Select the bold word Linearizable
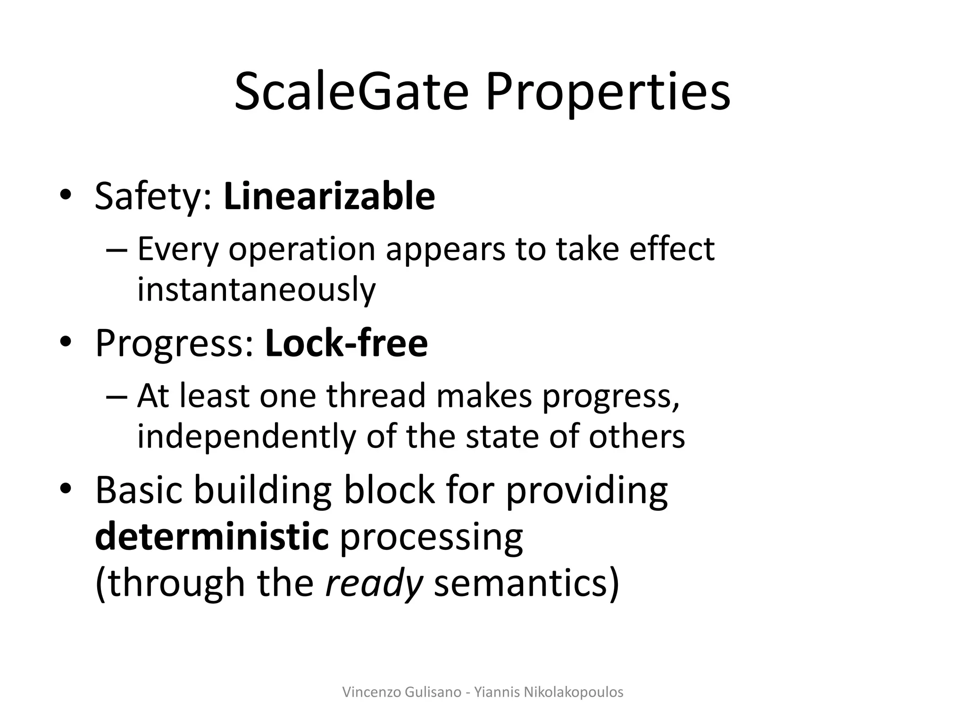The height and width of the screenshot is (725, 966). pos(329,196)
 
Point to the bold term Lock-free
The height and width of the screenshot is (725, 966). pos(346,343)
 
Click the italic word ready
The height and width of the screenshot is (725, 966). pos(374,583)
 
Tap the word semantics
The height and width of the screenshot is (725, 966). pos(526,583)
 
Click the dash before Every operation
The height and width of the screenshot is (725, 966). pos(117,250)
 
